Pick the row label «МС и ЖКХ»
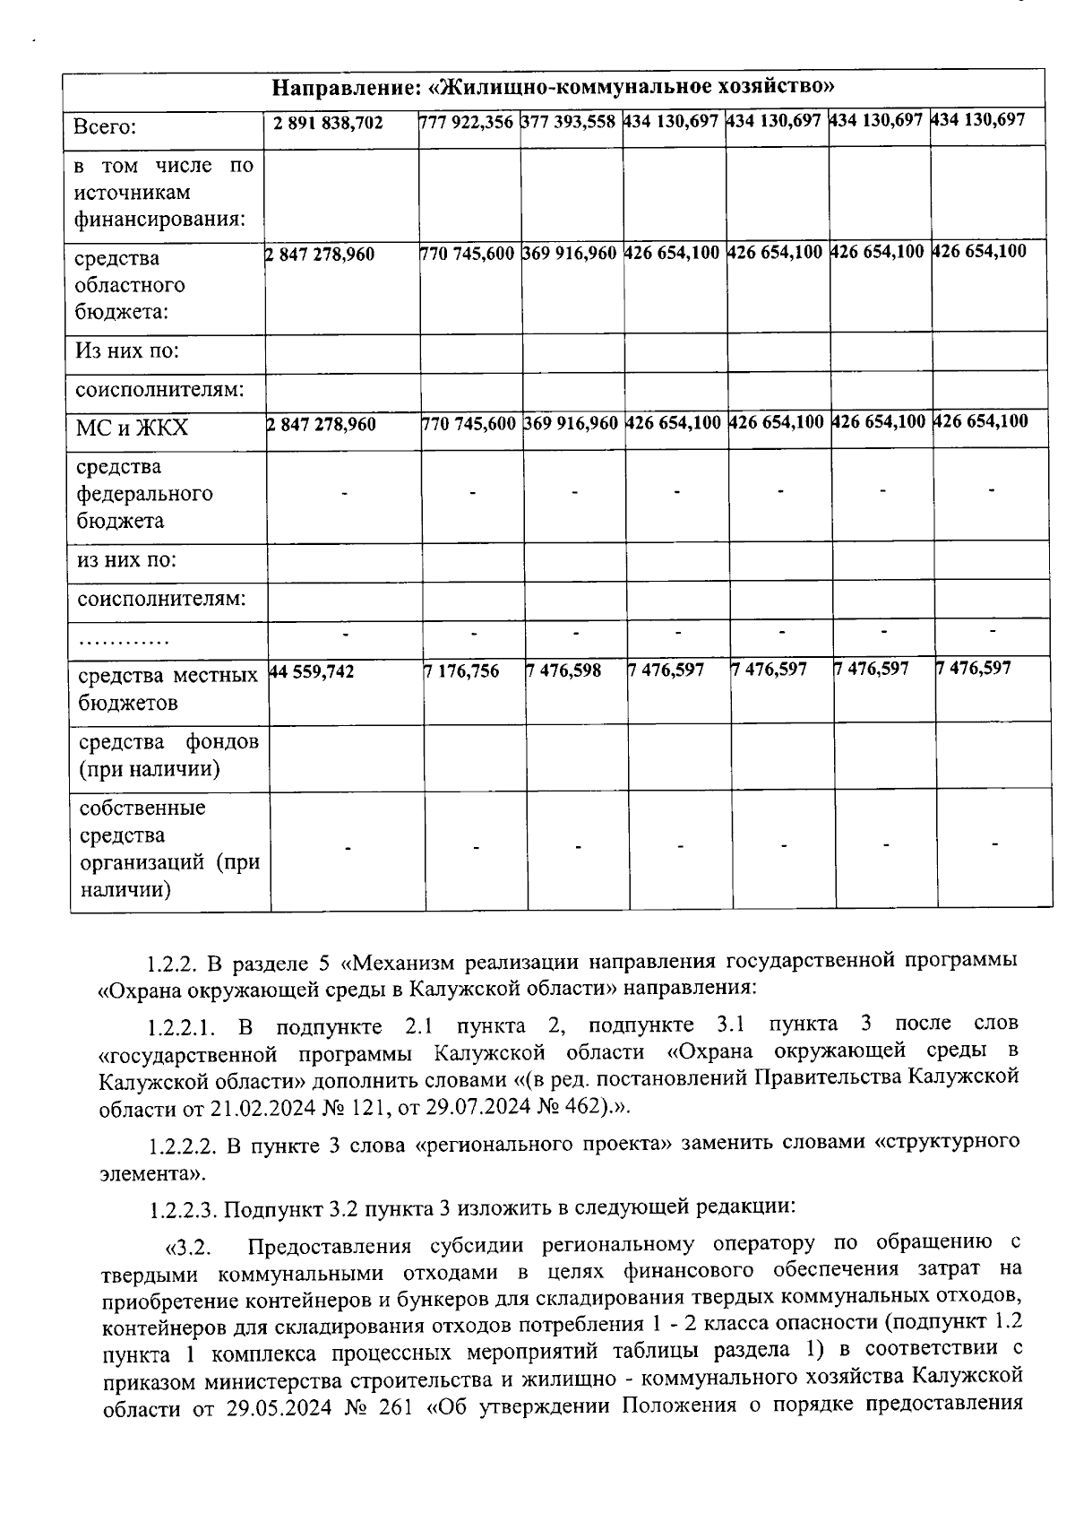(x=133, y=428)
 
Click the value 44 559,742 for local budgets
(x=313, y=671)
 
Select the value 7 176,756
(x=461, y=671)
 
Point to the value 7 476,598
(x=564, y=671)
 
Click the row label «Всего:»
(x=106, y=127)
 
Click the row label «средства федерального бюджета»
(x=144, y=493)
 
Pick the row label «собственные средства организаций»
(x=168, y=848)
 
